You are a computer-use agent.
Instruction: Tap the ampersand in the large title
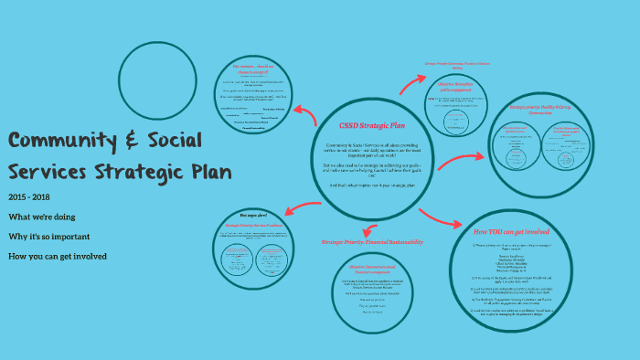[135, 143]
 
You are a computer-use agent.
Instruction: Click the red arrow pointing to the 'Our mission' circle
[305, 110]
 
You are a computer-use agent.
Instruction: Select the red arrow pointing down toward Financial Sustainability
[367, 231]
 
